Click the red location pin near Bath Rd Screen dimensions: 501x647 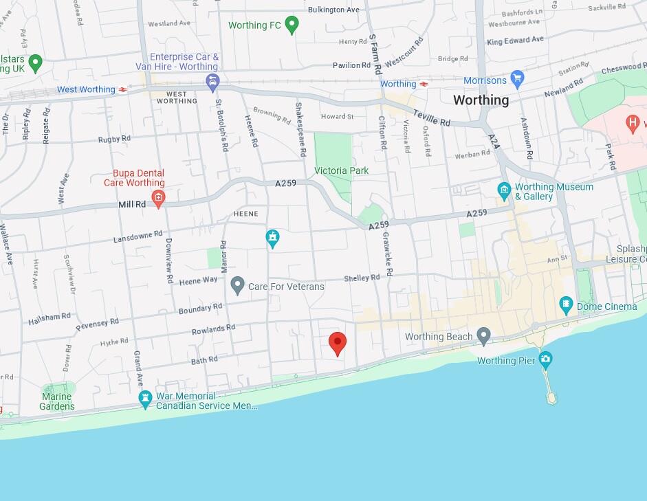337,342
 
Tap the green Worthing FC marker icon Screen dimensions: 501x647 292,25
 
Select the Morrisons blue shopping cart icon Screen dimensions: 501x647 517,80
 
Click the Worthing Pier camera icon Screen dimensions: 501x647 545,359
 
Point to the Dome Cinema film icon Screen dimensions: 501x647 566,303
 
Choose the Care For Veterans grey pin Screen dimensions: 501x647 237,284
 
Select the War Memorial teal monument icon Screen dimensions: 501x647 145,398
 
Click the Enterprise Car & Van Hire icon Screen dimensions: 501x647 213,83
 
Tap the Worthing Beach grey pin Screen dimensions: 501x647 484,336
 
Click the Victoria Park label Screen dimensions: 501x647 341,170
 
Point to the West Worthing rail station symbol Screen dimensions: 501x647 122,90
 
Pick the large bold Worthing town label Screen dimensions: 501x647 481,100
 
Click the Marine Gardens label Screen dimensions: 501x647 57,401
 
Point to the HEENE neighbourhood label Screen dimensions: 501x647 245,214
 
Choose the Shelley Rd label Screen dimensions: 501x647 362,278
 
